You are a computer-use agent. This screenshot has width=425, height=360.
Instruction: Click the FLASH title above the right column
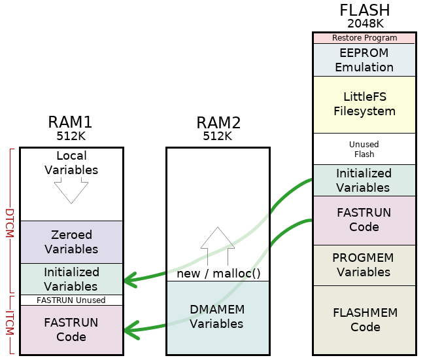[x=364, y=10]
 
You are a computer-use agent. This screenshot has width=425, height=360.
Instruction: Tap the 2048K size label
[x=364, y=24]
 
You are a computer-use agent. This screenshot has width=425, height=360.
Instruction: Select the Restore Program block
[x=364, y=38]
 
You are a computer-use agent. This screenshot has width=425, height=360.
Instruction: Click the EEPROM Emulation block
[x=364, y=60]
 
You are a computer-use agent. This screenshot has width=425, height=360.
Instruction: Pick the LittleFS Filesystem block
[x=364, y=104]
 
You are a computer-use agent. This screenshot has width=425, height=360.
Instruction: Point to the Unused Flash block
[x=364, y=149]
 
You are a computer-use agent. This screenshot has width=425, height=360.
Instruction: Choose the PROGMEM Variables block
[x=364, y=265]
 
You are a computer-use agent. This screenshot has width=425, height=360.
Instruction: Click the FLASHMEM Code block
[x=364, y=320]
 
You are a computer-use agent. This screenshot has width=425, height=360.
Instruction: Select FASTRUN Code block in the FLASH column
[x=364, y=220]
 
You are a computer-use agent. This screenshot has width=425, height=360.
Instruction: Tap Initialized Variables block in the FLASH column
[x=364, y=180]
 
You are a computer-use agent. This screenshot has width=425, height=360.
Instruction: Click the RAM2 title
[x=218, y=122]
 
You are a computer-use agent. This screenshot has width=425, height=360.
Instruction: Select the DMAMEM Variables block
[x=218, y=317]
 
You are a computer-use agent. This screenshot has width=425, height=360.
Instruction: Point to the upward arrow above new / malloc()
[x=218, y=245]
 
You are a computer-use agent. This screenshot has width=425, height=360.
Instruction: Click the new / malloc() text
[x=218, y=273]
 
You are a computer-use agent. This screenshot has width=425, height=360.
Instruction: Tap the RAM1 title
[x=71, y=122]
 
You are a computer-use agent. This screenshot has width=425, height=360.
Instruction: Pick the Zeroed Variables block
[x=71, y=242]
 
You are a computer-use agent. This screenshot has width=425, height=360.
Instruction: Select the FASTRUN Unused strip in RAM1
[x=71, y=300]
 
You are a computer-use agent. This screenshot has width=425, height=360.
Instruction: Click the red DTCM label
[x=9, y=223]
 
